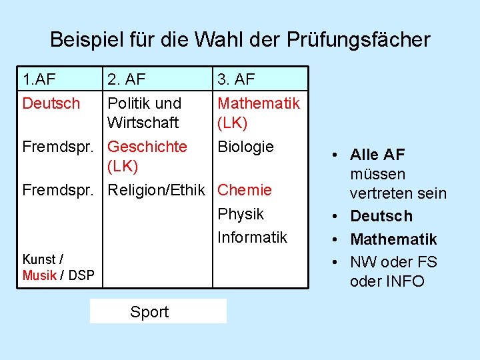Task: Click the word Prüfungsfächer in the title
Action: (359, 40)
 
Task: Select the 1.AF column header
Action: (39, 79)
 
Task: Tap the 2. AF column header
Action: (127, 79)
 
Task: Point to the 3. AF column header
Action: (236, 79)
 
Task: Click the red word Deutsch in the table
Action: (51, 103)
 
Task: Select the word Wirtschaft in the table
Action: (143, 123)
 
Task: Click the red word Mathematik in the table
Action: (259, 103)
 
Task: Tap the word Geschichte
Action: (147, 147)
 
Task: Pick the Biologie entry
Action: (245, 147)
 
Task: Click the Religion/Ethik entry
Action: (157, 190)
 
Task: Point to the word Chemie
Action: (245, 190)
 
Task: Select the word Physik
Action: (241, 214)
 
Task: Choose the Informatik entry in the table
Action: (252, 237)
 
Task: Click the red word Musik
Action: (39, 275)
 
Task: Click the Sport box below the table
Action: (158, 311)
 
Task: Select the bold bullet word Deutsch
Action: (381, 216)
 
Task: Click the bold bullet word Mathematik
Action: (393, 239)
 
